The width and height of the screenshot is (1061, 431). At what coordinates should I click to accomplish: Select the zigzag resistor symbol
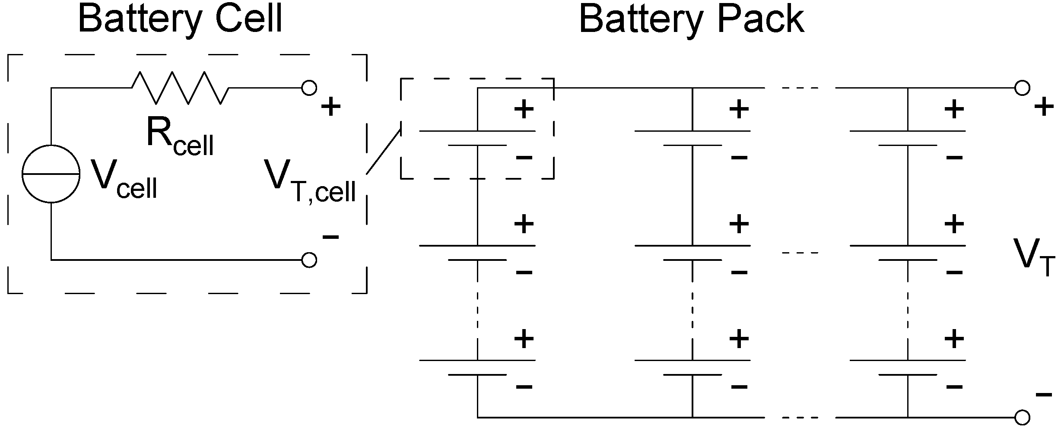(181, 88)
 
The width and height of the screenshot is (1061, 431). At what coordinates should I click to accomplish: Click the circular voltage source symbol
(51, 174)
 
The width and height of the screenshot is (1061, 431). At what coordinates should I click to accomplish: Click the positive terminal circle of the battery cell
(309, 88)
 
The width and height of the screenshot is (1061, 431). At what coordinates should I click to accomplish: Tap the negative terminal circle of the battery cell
(309, 260)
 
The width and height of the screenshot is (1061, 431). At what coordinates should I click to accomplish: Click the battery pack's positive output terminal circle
(1022, 88)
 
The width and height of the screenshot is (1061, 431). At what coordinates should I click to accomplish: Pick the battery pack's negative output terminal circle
(1022, 418)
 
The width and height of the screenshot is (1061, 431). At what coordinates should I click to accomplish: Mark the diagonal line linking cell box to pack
(384, 151)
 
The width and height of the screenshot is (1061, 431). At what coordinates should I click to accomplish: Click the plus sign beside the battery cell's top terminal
(331, 106)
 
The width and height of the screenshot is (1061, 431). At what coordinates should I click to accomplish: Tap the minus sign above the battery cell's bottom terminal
(331, 237)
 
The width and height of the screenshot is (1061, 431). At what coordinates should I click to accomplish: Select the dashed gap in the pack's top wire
(800, 88)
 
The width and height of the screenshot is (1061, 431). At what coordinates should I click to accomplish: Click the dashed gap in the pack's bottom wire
(800, 418)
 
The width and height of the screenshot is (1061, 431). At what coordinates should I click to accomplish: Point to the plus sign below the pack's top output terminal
(1044, 106)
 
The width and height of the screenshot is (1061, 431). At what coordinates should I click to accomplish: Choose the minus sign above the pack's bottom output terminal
(1044, 394)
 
